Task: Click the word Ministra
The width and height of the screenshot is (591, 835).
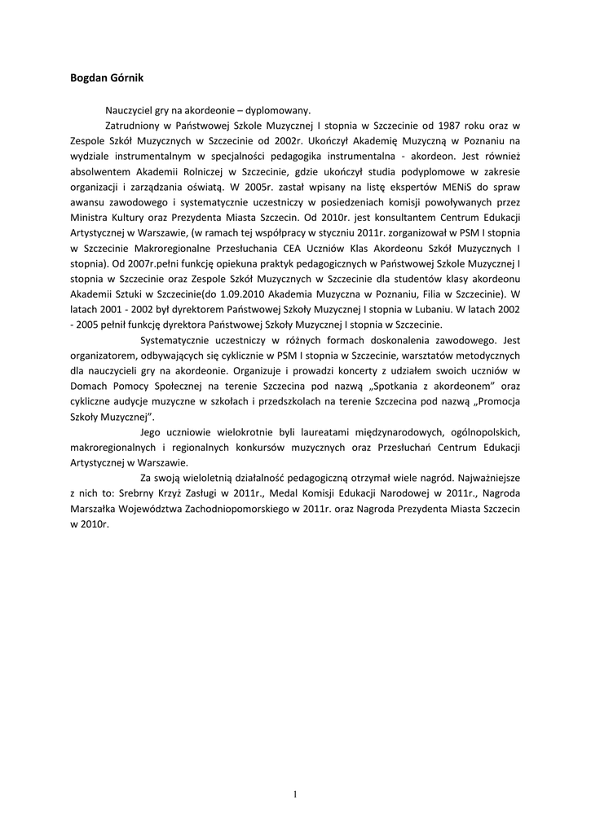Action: [92, 219]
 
